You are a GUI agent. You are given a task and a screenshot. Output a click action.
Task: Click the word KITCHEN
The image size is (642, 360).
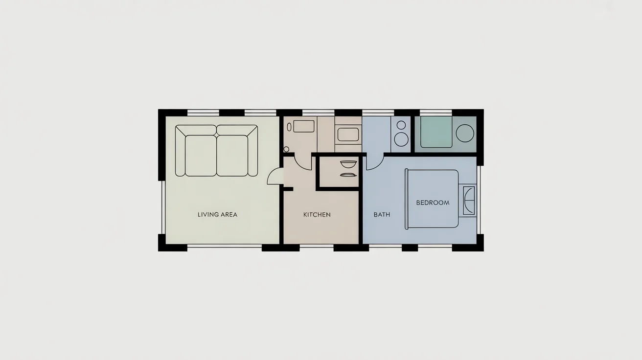click(x=317, y=215)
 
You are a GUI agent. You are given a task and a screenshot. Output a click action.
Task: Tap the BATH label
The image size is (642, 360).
click(x=382, y=215)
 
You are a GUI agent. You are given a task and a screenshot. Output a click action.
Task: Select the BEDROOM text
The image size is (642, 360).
click(x=433, y=202)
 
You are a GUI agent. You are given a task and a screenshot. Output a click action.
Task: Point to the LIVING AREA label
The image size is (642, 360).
click(x=217, y=215)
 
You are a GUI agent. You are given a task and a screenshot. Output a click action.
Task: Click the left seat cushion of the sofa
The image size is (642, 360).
click(x=201, y=155)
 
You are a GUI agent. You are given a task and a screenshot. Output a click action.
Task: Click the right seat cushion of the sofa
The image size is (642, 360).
click(x=232, y=155)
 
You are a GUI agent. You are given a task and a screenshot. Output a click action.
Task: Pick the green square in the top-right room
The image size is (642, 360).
click(x=436, y=132)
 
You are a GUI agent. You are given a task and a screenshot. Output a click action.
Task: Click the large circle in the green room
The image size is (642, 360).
click(x=465, y=133)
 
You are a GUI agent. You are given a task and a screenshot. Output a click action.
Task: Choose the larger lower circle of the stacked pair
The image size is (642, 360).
click(x=402, y=139)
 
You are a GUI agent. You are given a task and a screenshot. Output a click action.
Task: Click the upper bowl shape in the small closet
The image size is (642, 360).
click(x=347, y=164)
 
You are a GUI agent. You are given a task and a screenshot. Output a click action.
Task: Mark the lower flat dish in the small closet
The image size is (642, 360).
click(x=347, y=174)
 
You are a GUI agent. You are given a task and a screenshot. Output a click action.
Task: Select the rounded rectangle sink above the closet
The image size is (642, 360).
click(x=348, y=134)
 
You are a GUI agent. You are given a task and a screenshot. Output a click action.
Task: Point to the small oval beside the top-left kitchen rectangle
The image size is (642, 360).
click(x=289, y=126)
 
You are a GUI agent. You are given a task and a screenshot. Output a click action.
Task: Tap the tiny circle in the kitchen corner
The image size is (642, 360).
click(x=286, y=149)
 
